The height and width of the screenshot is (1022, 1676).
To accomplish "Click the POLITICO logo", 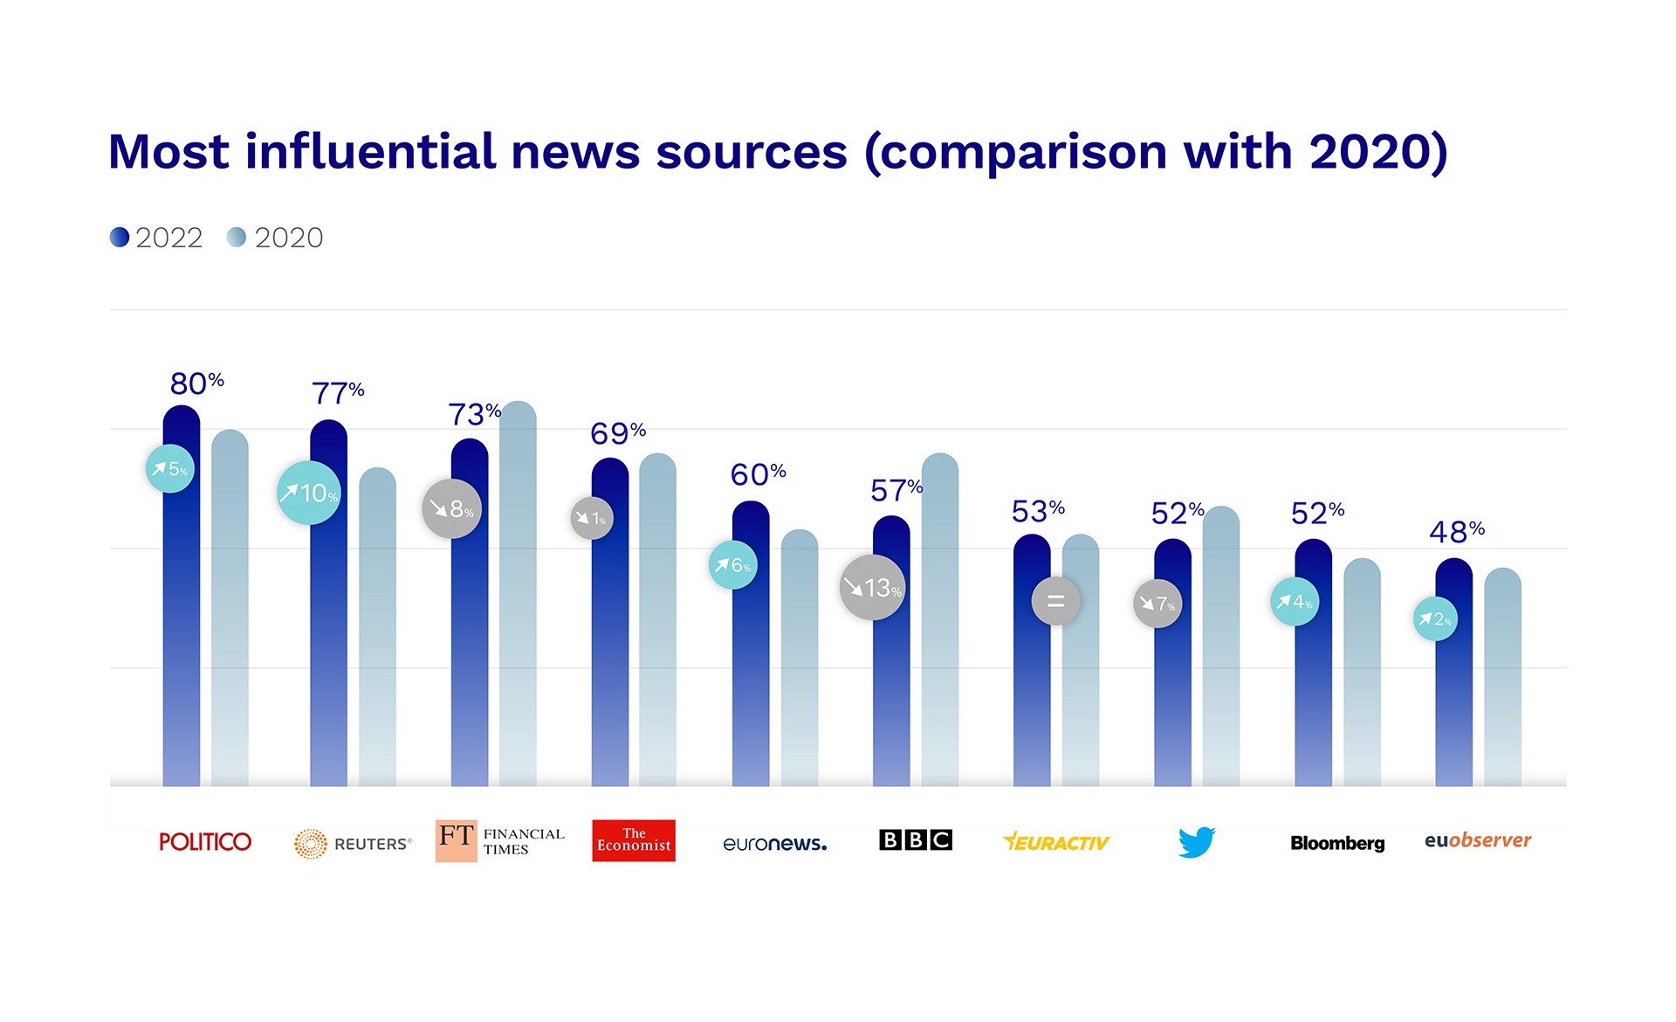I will coord(205,841).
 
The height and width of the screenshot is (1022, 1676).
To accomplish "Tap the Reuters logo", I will coord(353,843).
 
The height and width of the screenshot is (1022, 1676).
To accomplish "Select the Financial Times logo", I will coord(500,840).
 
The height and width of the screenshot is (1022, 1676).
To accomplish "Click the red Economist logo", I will coord(634,840).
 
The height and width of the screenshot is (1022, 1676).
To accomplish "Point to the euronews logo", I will coord(774,843).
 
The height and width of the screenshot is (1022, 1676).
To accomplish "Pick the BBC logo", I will coord(916,839).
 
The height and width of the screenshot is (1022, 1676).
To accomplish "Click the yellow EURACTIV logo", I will coord(1056,842).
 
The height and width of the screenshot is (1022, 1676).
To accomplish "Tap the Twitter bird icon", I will coord(1196,842).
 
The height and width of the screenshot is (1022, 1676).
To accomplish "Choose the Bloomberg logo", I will coord(1337,843).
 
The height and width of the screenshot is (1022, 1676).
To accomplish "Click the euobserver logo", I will coord(1478,840).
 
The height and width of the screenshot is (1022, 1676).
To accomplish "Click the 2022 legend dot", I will coord(120,237).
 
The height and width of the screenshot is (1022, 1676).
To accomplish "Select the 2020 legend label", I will coord(288,238).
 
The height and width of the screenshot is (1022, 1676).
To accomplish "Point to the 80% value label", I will coord(196,383).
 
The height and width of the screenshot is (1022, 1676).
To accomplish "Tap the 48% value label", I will coord(1456,531).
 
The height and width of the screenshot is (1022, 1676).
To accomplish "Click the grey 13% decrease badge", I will coord(872,587).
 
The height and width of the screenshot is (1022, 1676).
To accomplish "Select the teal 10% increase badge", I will coord(309,493).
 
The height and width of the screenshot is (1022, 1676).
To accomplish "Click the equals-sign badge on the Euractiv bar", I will coord(1055,601).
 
